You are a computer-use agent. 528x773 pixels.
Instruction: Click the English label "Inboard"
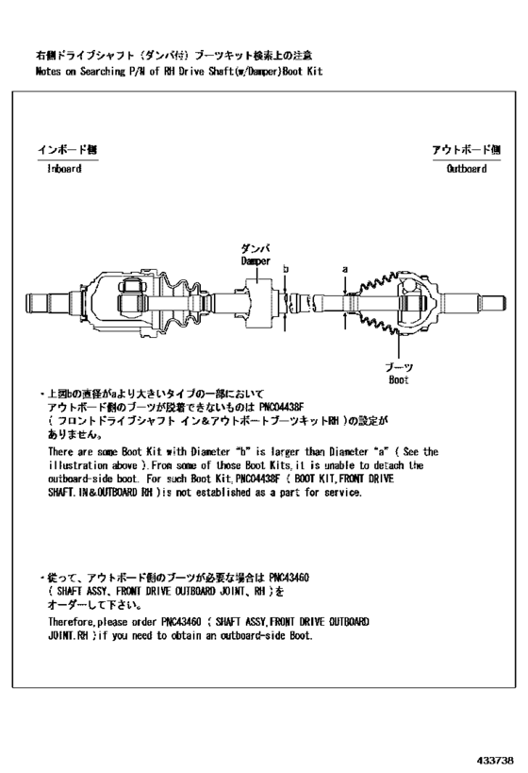point(64,169)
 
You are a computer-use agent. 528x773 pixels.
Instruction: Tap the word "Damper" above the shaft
point(255,260)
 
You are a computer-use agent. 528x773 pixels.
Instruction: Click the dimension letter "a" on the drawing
point(345,269)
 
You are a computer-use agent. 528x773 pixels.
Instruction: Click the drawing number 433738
point(494,759)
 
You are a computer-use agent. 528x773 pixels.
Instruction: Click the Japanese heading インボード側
point(66,149)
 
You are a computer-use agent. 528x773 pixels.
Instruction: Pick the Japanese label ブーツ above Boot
point(398,366)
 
